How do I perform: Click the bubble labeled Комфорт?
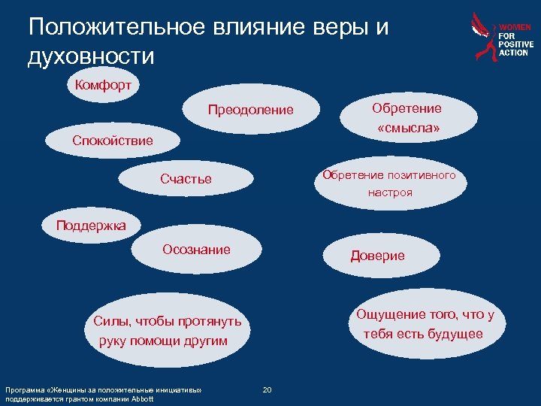pyautogui.click(x=103, y=85)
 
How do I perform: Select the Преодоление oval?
pyautogui.click(x=251, y=111)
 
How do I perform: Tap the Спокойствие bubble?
pyautogui.click(x=112, y=141)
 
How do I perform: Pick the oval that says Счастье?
pyautogui.click(x=186, y=180)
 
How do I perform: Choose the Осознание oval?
pyautogui.click(x=197, y=250)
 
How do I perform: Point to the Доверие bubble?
pyautogui.click(x=377, y=256)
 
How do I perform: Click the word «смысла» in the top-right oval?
pyautogui.click(x=409, y=129)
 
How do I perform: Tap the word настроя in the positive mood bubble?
pyautogui.click(x=389, y=192)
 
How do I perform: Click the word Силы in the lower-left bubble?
pyautogui.click(x=110, y=322)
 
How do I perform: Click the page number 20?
pyautogui.click(x=267, y=389)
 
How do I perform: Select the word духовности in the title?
pyautogui.click(x=91, y=56)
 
